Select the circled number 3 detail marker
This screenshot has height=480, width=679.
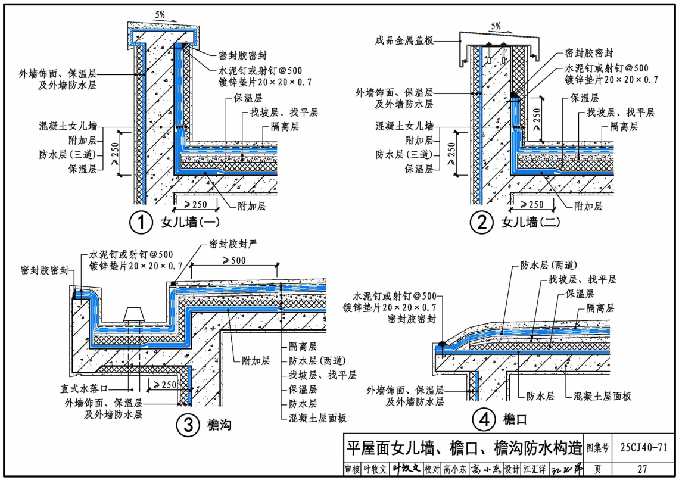click(x=187, y=425)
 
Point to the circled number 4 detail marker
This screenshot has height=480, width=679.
click(x=484, y=420)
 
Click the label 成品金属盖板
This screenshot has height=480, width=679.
click(x=404, y=40)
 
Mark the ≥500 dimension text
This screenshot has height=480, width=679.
click(x=219, y=260)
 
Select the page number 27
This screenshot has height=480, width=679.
click(x=642, y=469)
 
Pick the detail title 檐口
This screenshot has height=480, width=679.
click(x=515, y=420)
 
